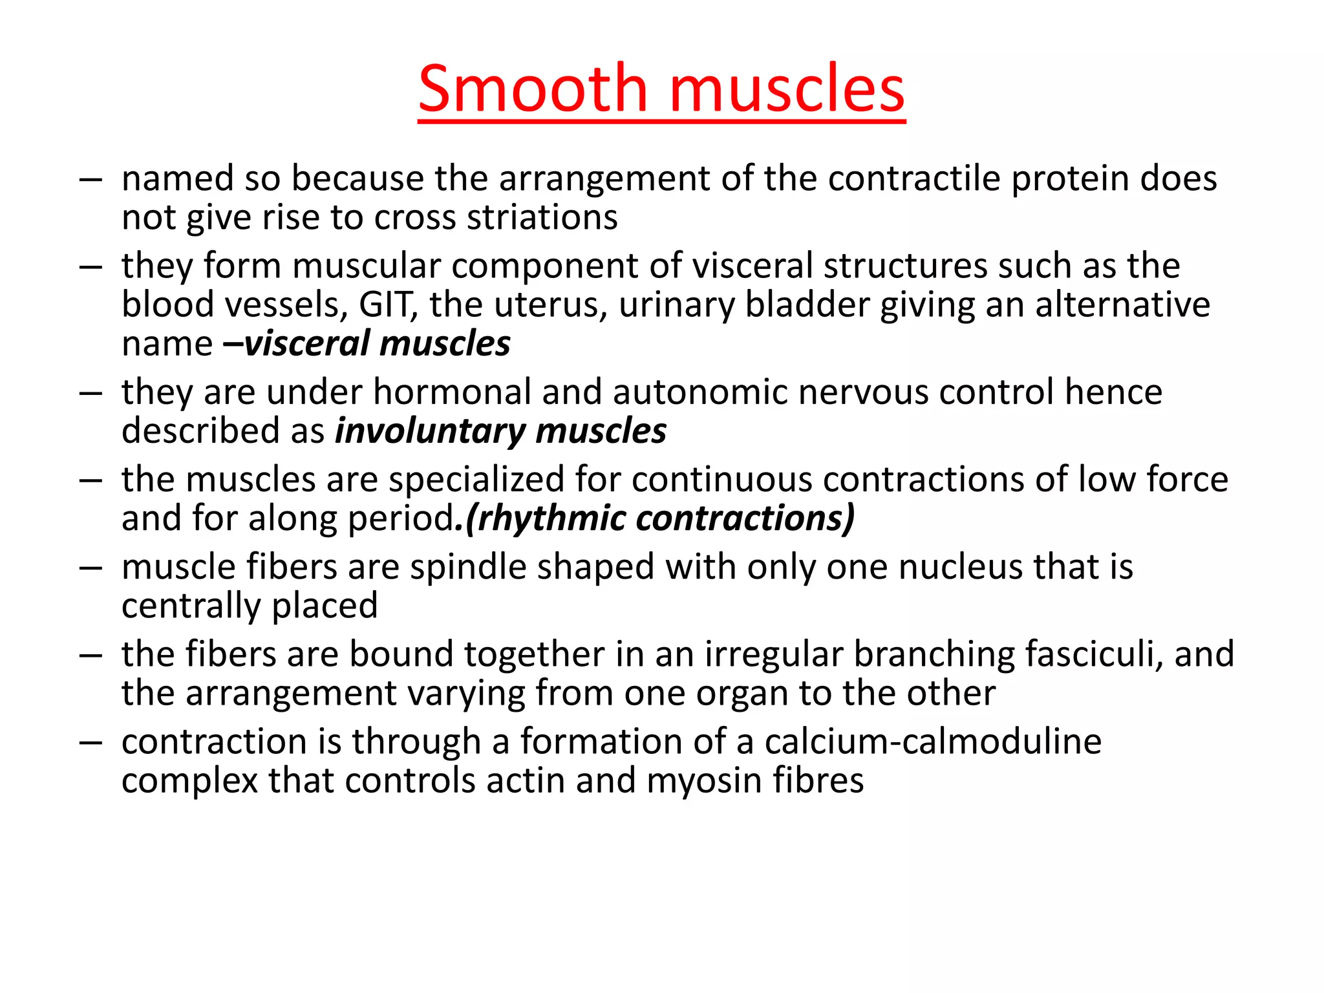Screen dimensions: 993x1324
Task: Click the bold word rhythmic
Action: [552, 518]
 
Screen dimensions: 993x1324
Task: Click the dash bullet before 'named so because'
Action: [91, 180]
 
